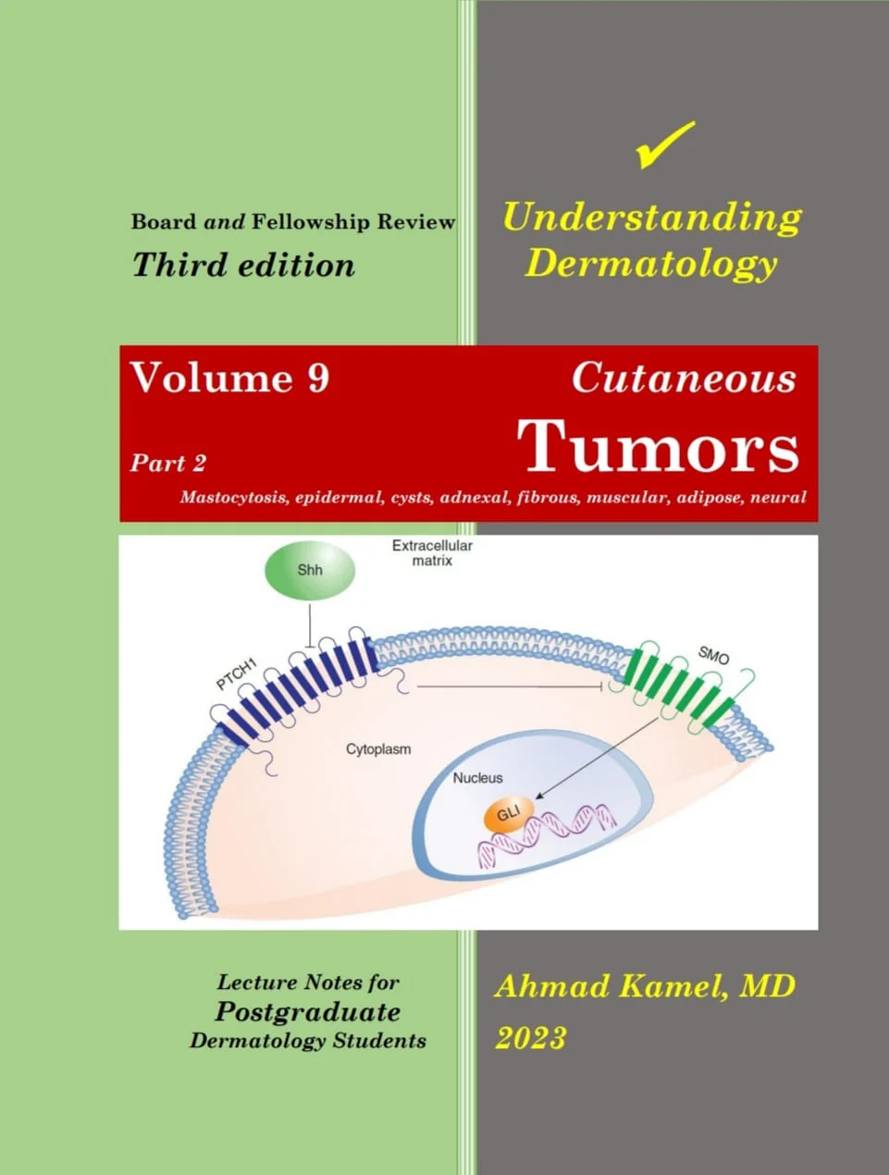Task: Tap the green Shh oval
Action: click(310, 570)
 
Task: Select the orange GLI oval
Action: click(509, 815)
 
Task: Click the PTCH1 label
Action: click(237, 674)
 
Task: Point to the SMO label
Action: click(713, 655)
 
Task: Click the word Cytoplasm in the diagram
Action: click(378, 748)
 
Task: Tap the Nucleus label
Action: click(477, 778)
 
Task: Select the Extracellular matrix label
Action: click(432, 553)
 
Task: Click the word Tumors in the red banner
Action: click(658, 447)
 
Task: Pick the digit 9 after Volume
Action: click(318, 377)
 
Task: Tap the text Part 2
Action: click(168, 463)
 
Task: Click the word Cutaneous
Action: click(684, 378)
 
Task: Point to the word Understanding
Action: click(652, 218)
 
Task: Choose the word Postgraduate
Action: click(308, 1012)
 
